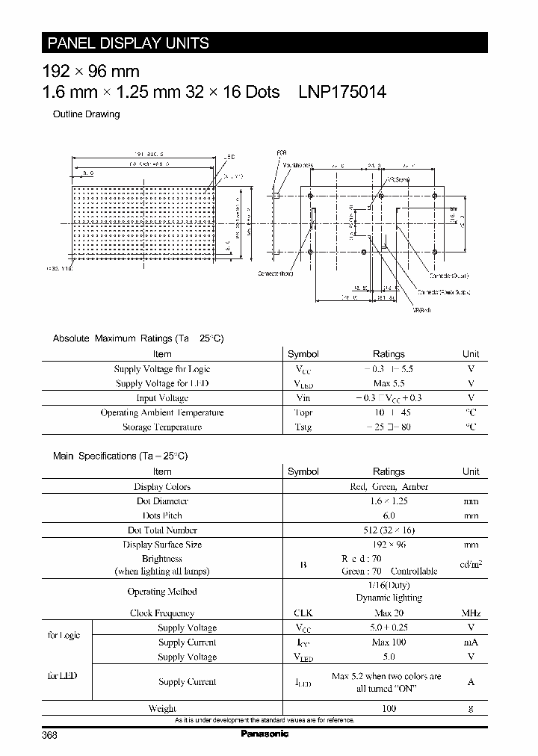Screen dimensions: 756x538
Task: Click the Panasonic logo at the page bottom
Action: coord(264,734)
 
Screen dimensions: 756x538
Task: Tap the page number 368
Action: coord(49,735)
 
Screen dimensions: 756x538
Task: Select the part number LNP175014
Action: coord(342,92)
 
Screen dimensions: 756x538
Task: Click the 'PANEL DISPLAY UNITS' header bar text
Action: coord(129,43)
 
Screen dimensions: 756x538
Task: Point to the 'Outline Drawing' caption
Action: coord(86,114)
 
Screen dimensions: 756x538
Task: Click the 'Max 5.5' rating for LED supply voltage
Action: coord(389,383)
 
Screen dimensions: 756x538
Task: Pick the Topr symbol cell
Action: coord(303,412)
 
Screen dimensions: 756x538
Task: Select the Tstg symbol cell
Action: coord(303,427)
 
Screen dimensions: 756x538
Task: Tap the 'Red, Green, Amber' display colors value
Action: coord(389,486)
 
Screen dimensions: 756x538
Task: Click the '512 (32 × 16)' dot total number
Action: coord(389,530)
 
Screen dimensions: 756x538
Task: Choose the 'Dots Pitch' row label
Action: coord(162,515)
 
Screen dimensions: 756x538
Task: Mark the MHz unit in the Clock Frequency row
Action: coord(471,613)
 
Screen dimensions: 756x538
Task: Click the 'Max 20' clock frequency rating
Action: coord(389,613)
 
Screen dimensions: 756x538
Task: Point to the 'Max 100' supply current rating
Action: coord(389,642)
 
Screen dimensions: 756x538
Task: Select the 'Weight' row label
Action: coord(162,708)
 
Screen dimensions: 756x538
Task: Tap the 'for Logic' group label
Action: coord(64,635)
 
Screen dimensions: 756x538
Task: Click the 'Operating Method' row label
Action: coord(162,592)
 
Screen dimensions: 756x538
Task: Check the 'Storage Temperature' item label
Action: coord(162,427)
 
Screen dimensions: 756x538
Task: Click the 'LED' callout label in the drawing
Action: coord(229,157)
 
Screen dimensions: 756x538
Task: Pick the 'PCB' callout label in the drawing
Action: coord(282,153)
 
